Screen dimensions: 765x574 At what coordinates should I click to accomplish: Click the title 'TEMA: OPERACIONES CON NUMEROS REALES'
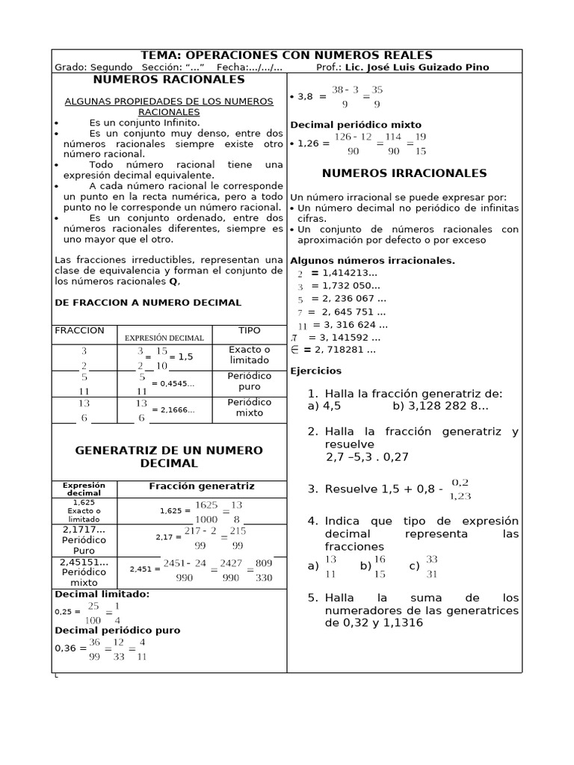287,56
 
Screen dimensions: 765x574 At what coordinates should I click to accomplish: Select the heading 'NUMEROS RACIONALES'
168,79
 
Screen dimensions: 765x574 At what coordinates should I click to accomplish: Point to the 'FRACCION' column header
80,330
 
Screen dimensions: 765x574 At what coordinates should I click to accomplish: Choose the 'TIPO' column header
249,330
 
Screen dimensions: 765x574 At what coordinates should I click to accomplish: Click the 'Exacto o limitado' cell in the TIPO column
249,355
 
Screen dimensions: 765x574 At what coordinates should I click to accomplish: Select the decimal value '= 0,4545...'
173,383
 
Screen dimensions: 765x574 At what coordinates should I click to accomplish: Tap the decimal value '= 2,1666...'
173,409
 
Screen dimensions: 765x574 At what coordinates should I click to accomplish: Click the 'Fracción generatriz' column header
202,486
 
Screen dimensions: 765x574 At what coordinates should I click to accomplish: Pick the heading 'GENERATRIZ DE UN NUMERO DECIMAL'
169,456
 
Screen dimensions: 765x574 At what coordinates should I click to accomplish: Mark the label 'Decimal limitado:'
102,594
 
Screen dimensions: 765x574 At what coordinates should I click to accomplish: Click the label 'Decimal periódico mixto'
355,125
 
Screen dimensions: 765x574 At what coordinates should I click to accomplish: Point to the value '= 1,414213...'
345,273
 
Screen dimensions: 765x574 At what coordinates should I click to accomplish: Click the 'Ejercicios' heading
315,371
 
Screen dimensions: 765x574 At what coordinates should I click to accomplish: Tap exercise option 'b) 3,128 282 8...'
439,406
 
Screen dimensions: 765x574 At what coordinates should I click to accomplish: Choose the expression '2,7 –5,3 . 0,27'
367,456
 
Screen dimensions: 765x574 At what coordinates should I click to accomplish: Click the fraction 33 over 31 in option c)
433,566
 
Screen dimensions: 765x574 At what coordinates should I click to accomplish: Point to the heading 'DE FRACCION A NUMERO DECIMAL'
148,303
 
